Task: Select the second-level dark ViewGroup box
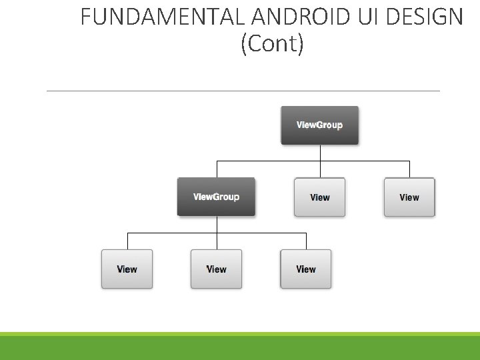point(216,197)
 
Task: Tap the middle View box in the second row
point(320,197)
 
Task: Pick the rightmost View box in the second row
point(409,197)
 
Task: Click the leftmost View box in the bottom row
point(127,269)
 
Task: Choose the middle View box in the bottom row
point(216,269)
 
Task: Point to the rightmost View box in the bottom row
point(306,269)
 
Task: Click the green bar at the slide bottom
point(240,347)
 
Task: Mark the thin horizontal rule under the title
point(243,91)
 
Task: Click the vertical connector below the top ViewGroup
point(321,153)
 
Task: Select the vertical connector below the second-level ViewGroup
point(217,225)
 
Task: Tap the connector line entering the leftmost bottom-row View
point(127,241)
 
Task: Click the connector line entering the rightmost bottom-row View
point(306,241)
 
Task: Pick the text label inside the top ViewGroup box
point(320,125)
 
